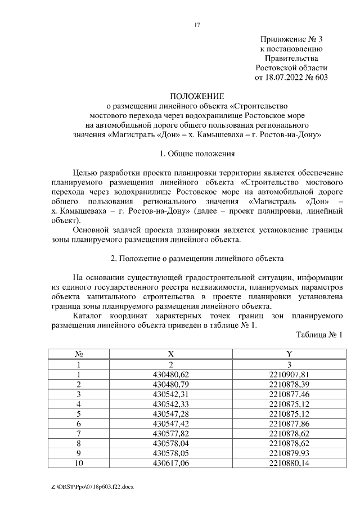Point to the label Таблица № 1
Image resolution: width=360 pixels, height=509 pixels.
[x=319, y=335]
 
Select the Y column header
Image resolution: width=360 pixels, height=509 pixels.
[x=289, y=354]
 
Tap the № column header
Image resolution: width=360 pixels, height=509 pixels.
[x=79, y=354]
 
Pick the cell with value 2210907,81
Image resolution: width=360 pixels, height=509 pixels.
[x=289, y=374]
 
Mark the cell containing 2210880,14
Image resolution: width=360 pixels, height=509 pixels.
[x=289, y=463]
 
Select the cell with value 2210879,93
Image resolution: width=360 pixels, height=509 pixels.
[x=289, y=453]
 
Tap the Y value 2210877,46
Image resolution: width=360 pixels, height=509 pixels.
[x=289, y=394]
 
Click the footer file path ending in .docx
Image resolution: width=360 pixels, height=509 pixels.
[x=88, y=485]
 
